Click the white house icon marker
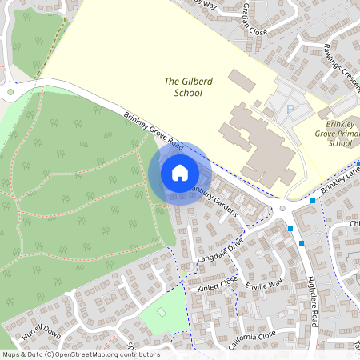tap(179, 172)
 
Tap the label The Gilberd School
tap(183, 86)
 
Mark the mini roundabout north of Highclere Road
tap(282, 210)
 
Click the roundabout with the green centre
tap(10, 91)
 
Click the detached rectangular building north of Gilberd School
tap(240, 80)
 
